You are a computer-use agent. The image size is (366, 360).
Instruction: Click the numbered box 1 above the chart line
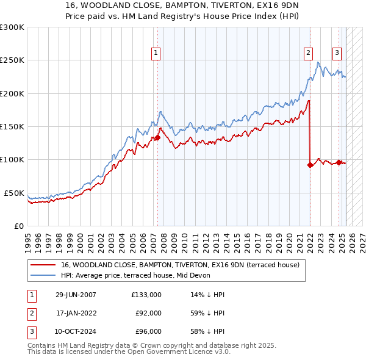(x=156, y=53)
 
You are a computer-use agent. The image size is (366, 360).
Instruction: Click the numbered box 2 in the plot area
(x=309, y=53)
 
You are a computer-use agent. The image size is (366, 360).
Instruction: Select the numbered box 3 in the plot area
(x=337, y=53)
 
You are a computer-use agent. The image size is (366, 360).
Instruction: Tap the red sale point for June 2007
(x=157, y=138)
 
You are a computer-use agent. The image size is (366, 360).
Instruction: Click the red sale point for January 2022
(x=310, y=165)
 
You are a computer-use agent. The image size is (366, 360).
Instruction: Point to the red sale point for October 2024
(x=339, y=162)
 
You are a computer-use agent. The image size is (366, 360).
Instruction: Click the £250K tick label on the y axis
(x=12, y=60)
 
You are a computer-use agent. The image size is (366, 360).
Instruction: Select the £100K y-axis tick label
(x=12, y=159)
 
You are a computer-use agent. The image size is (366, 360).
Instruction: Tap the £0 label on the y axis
(x=18, y=226)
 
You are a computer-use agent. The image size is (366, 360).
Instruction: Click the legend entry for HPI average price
(x=135, y=275)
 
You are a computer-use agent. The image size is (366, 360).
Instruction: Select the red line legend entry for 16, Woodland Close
(x=180, y=265)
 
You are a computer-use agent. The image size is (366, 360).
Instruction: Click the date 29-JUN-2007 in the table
(x=76, y=294)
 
